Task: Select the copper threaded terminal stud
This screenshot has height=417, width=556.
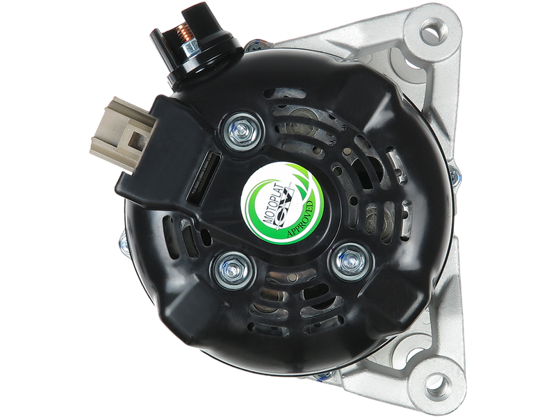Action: (x=184, y=33)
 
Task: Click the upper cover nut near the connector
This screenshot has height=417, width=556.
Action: (x=243, y=131)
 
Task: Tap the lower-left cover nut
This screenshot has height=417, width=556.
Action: (x=232, y=270)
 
